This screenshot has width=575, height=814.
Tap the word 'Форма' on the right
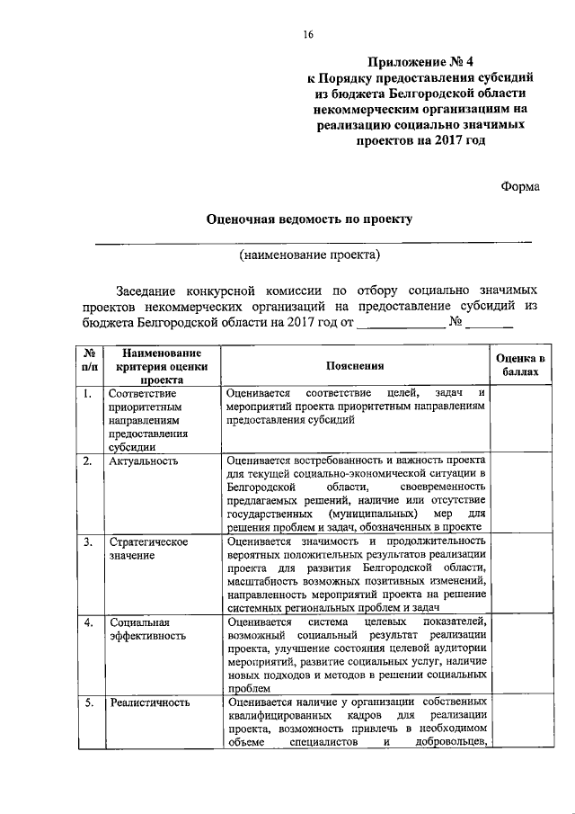click(x=519, y=186)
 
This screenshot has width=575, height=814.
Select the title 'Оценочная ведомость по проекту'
click(x=309, y=219)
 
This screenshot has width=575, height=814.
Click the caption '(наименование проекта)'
click(x=309, y=255)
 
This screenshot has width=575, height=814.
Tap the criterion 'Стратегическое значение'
click(x=146, y=549)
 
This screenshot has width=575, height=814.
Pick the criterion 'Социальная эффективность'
click(x=146, y=628)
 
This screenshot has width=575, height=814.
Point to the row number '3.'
click(x=88, y=542)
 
